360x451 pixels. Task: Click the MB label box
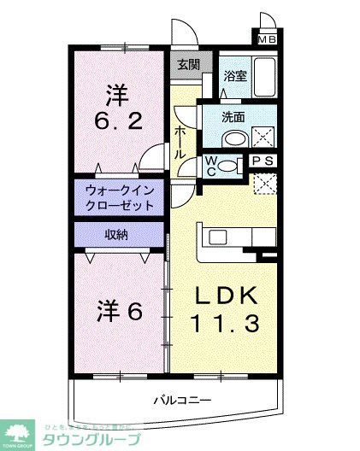[x=268, y=37]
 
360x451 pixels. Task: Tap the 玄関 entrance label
[x=187, y=64]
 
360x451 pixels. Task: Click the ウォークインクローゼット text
[x=120, y=199]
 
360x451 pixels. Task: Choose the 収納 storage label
[x=117, y=234]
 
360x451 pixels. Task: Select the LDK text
[x=227, y=296]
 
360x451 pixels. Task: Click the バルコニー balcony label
[x=182, y=399]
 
